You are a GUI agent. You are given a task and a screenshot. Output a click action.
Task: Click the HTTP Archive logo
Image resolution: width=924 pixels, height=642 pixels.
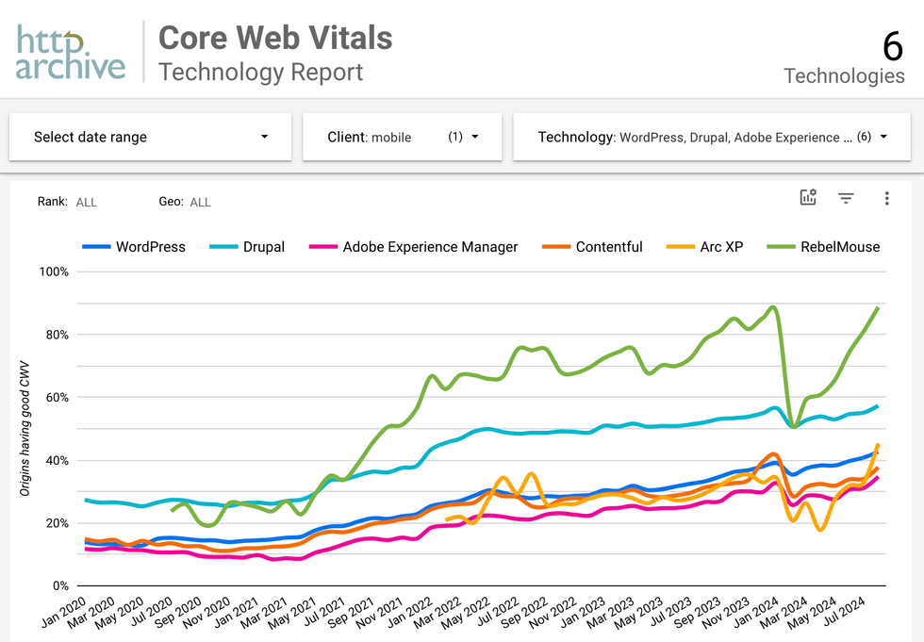pos(71,52)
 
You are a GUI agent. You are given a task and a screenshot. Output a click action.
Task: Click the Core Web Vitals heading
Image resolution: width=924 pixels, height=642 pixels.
pos(274,38)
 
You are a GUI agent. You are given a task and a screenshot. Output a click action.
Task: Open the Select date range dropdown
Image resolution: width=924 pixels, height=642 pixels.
pos(151,137)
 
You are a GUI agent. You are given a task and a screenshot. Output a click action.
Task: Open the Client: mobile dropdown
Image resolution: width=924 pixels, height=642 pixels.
pos(402,137)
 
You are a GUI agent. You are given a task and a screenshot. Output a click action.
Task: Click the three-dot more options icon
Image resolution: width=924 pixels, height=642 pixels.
pos(886,198)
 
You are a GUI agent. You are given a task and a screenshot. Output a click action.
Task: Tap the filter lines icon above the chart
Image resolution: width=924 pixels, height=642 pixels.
pos(846,198)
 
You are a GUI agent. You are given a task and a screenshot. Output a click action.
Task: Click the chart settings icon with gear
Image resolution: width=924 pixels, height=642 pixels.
pos(808,197)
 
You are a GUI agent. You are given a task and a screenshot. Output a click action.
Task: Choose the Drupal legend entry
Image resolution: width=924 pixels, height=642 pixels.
pos(262,247)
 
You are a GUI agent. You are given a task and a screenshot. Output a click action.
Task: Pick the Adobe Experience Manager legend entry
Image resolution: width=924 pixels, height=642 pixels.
pos(429,247)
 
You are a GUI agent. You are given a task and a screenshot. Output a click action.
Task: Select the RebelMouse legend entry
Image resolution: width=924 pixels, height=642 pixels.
pos(838,247)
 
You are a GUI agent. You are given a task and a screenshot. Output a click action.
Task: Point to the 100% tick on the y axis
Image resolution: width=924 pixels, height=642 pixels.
pos(53,272)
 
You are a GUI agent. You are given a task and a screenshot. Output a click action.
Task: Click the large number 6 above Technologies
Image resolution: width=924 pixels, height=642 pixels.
pos(892,46)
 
